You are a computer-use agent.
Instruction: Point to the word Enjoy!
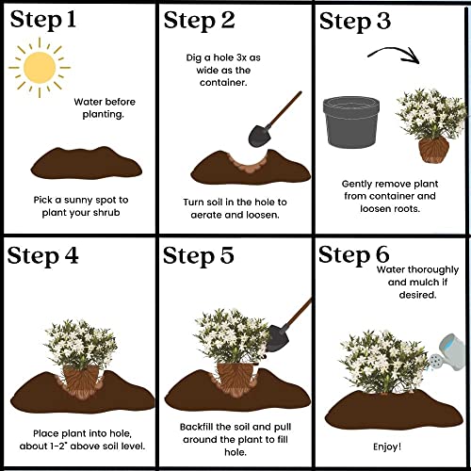[x=389, y=446]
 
